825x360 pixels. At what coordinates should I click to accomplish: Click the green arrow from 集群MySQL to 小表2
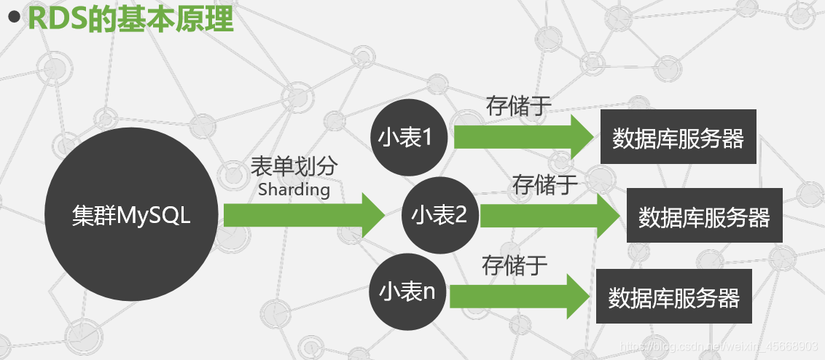click(x=302, y=216)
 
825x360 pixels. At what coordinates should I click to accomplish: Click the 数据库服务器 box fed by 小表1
click(x=678, y=137)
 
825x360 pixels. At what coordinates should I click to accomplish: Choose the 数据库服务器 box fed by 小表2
click(x=704, y=216)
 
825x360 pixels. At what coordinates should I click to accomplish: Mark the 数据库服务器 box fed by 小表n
click(x=673, y=296)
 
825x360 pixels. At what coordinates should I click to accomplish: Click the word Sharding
click(x=294, y=190)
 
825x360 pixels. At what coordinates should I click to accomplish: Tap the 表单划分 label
click(x=294, y=167)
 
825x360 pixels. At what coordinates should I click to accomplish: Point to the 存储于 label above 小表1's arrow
click(x=518, y=106)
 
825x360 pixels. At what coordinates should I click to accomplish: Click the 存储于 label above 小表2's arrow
click(x=544, y=184)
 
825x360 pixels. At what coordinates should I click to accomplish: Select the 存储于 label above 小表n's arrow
click(x=515, y=265)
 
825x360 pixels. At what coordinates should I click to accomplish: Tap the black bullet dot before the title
click(x=13, y=19)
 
